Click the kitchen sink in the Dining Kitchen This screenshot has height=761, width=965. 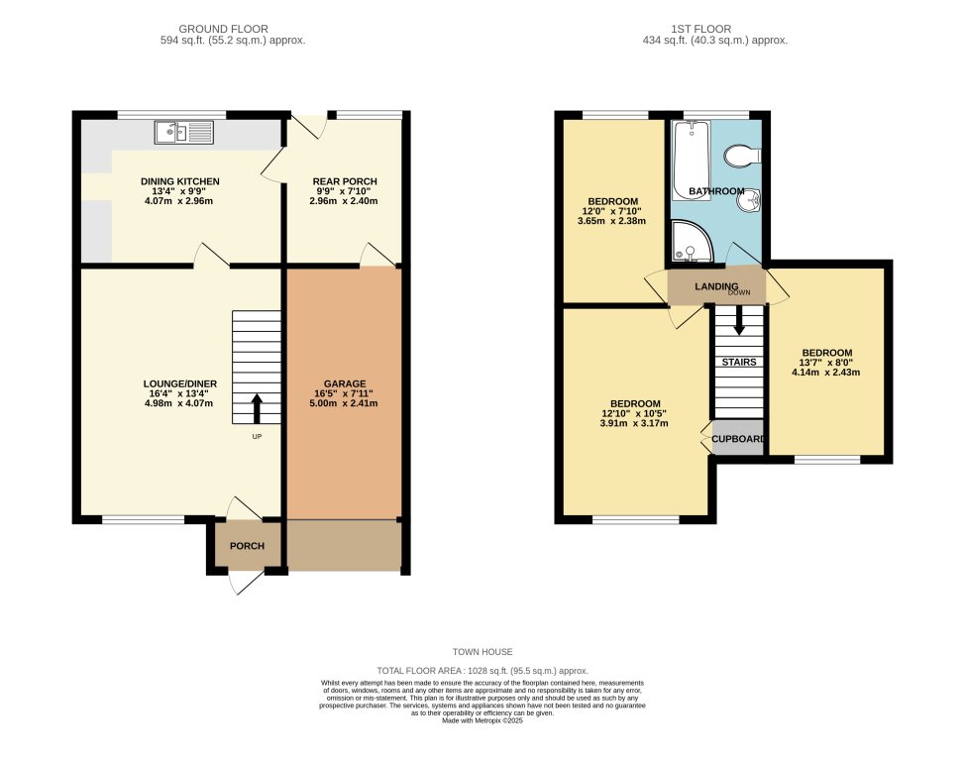coord(183,132)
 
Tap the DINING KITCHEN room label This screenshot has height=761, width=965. coord(179,181)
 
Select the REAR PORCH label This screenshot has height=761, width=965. coord(345,181)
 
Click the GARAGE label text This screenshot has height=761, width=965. coord(345,383)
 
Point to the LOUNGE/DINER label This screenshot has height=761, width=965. coord(179,383)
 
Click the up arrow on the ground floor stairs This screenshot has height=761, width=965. coord(257,406)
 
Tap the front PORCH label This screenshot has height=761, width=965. coord(247,546)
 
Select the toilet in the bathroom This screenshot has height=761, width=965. coord(742,156)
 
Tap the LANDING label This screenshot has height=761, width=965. coord(716,286)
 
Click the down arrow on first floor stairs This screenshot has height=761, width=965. coord(738,322)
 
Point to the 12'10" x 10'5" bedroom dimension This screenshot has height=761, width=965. coord(635,413)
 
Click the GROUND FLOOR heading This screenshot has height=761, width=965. coord(232,29)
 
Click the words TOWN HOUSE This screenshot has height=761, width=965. coord(482,652)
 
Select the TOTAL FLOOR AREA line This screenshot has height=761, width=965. coord(482,671)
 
